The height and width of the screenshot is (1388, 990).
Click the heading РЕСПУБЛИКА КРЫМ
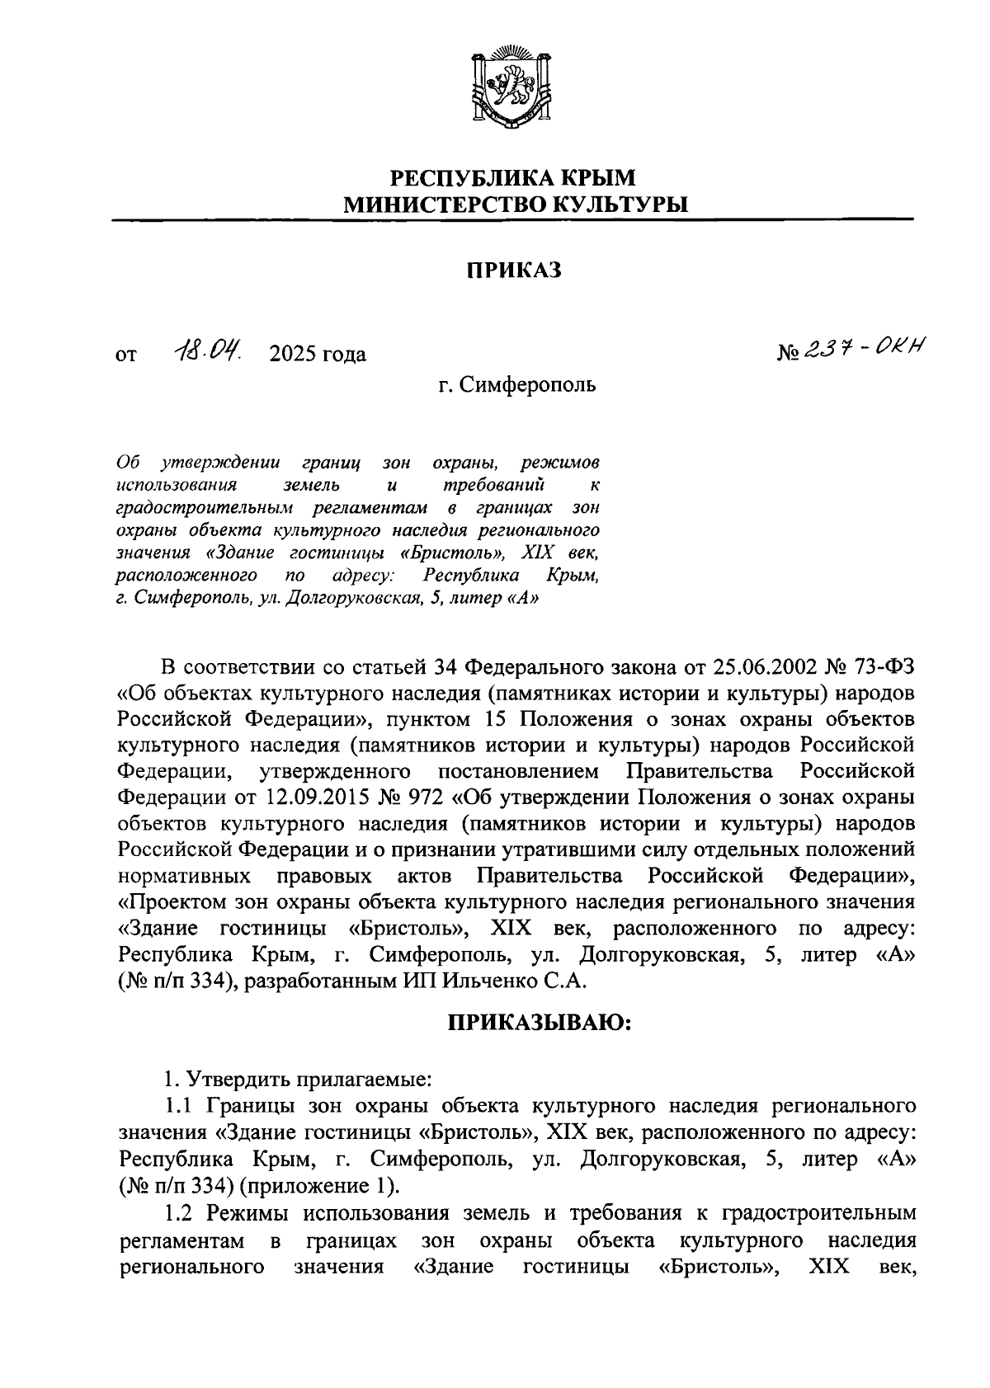[x=512, y=178]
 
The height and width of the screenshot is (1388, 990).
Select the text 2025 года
[x=318, y=355]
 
